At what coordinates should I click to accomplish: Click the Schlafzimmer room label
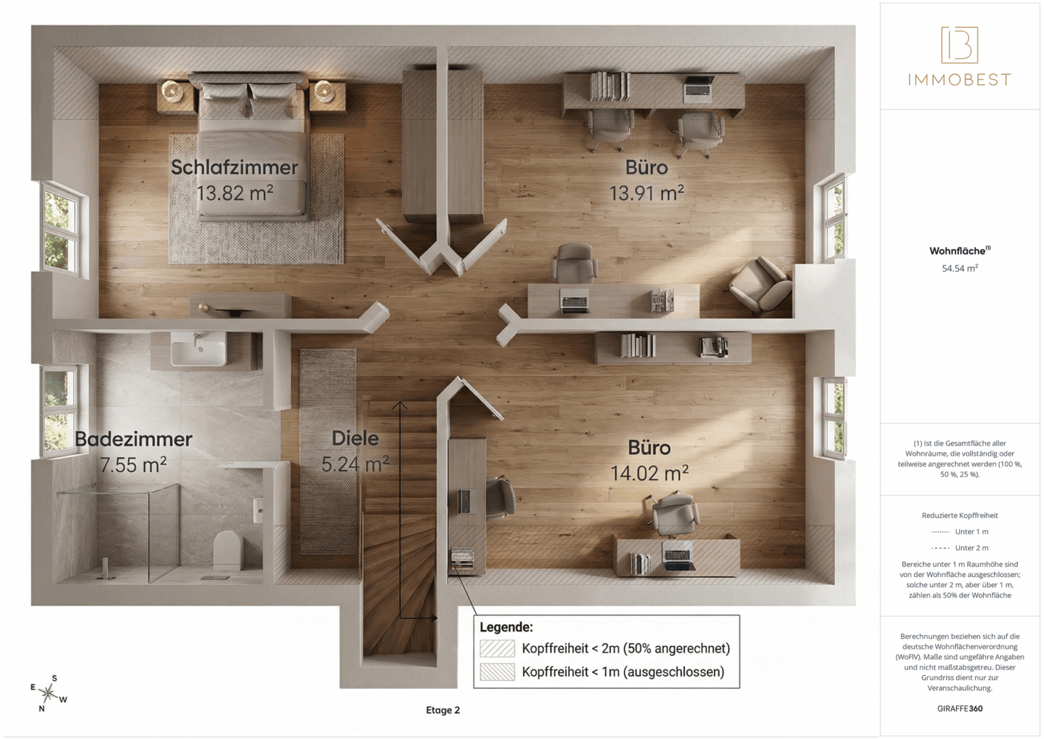[234, 168]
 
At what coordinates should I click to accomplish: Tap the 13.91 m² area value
[647, 193]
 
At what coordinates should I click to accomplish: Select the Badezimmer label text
[133, 439]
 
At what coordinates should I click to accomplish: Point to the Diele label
[355, 438]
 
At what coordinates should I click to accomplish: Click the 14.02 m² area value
[650, 473]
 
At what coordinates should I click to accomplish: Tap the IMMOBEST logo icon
[959, 44]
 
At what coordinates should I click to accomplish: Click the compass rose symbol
[49, 693]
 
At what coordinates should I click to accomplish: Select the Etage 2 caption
[443, 710]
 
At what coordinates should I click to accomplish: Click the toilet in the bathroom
[228, 549]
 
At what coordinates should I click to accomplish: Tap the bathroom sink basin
[199, 350]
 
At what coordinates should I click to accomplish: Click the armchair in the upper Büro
[760, 285]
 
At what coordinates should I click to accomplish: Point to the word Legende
[506, 627]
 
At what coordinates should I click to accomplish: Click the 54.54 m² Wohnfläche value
[960, 268]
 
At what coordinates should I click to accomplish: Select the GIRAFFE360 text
[960, 709]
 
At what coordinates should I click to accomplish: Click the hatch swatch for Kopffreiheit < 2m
[497, 649]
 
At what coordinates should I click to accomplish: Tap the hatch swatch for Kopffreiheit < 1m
[497, 672]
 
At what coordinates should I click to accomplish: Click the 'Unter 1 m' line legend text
[972, 532]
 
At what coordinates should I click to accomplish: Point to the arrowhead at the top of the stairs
[399, 405]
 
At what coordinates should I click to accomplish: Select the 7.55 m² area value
[133, 465]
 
